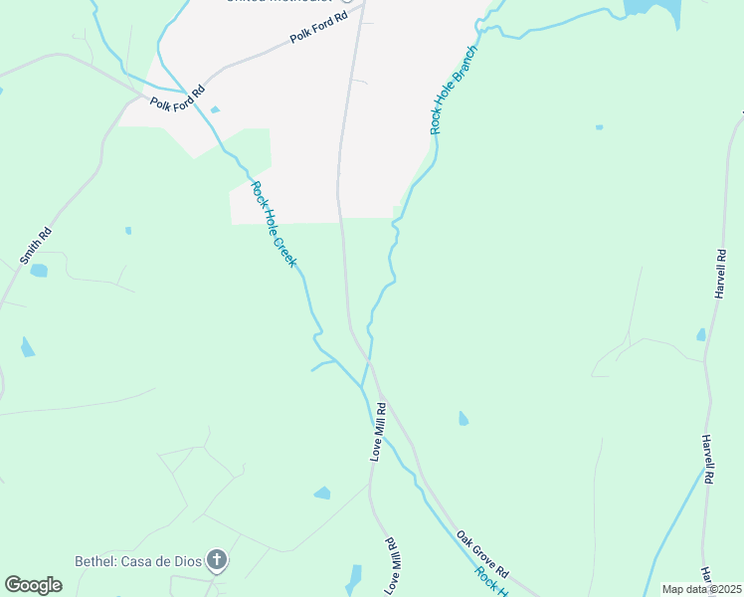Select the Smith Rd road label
[36, 246]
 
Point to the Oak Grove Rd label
[483, 554]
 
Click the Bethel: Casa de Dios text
[138, 561]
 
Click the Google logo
[33, 585]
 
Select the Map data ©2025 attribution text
[702, 589]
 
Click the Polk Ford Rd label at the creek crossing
[177, 96]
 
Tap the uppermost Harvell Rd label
[721, 274]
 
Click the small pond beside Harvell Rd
[701, 335]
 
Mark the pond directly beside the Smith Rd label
[39, 270]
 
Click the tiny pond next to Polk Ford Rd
[215, 109]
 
